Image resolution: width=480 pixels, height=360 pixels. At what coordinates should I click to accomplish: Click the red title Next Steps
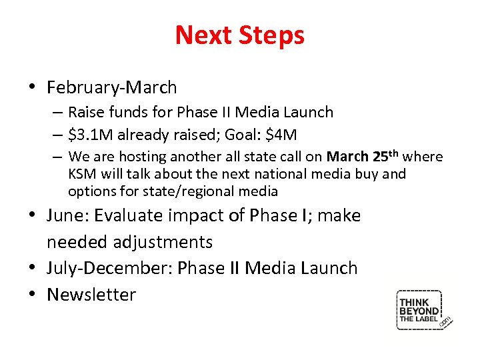(x=239, y=35)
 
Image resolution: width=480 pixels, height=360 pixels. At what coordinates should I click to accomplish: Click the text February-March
(x=111, y=87)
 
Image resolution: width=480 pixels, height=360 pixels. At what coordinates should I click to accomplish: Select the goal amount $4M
(x=281, y=135)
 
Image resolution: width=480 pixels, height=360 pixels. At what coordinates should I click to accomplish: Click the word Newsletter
(x=91, y=295)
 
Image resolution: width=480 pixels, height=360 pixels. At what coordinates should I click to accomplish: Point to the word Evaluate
(x=131, y=215)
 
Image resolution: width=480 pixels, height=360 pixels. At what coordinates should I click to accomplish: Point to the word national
(x=282, y=174)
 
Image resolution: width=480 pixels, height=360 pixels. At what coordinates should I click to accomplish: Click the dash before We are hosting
(x=58, y=157)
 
